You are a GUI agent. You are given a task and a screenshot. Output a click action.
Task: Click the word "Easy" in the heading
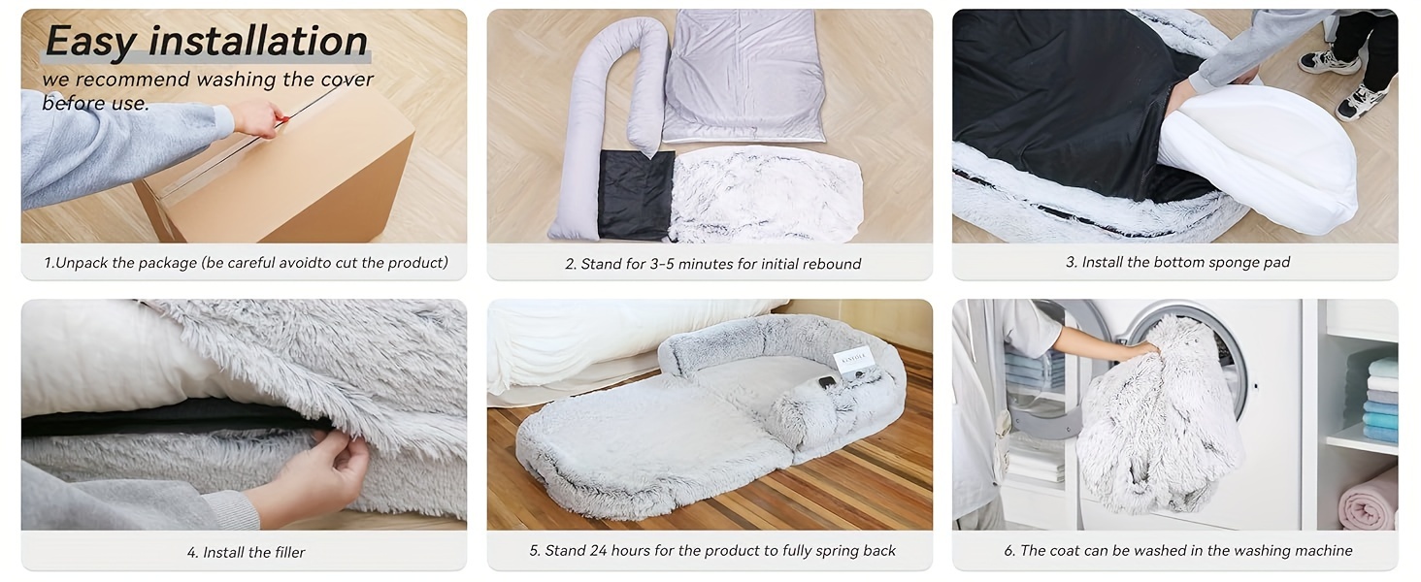point(90,41)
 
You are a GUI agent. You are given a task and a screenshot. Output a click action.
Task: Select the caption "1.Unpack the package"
point(120,263)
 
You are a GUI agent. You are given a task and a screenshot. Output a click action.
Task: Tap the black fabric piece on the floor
point(637,195)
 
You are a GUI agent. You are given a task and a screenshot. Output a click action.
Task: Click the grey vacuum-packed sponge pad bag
point(744,76)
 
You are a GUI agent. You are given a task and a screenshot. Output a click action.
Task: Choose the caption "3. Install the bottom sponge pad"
point(1178,263)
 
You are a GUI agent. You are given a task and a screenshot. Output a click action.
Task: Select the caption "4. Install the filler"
point(247,553)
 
